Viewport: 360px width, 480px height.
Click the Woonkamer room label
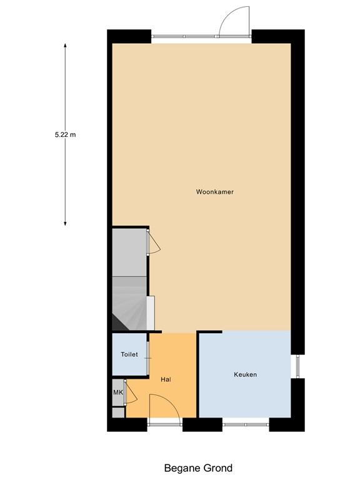(214, 192)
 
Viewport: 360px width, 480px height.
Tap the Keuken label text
(245, 374)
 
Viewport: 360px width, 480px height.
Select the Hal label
(166, 379)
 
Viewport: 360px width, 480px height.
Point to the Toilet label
(129, 354)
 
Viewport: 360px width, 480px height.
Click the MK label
(117, 392)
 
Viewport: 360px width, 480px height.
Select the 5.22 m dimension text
(65, 134)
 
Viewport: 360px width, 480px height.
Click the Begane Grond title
(198, 467)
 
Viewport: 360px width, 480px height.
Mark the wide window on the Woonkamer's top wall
(185, 36)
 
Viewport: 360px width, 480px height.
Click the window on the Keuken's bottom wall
(246, 425)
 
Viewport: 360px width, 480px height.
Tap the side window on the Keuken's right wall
(298, 366)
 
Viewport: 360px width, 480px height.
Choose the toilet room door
(148, 359)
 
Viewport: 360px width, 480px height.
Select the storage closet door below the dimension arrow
(152, 243)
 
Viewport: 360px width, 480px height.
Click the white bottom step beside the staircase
(151, 312)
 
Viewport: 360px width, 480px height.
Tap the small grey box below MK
(117, 412)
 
